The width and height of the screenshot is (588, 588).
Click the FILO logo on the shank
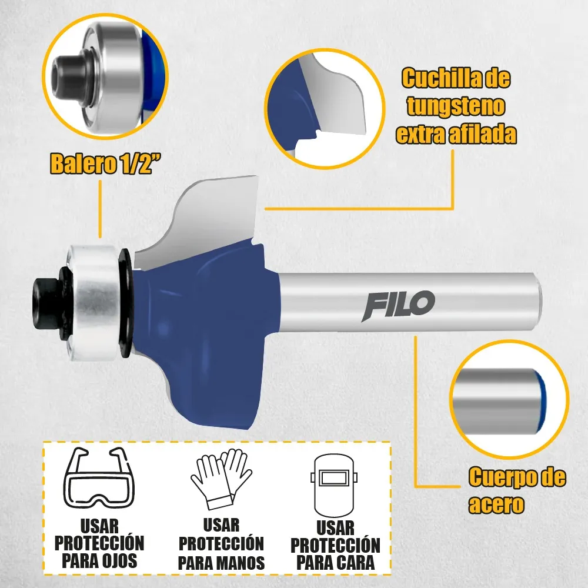pos(398,306)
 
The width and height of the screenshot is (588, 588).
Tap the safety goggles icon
pos(99,477)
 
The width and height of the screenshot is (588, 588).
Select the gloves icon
pos(221,479)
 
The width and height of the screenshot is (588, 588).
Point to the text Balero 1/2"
pos(106,163)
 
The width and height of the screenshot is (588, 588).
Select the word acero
pos(496,505)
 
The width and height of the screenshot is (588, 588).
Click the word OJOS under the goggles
pos(118,561)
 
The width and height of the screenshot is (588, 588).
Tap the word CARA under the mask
pos(354,563)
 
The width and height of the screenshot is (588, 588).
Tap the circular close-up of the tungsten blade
pos(325,109)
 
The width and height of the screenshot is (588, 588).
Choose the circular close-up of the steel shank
pos(509,399)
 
